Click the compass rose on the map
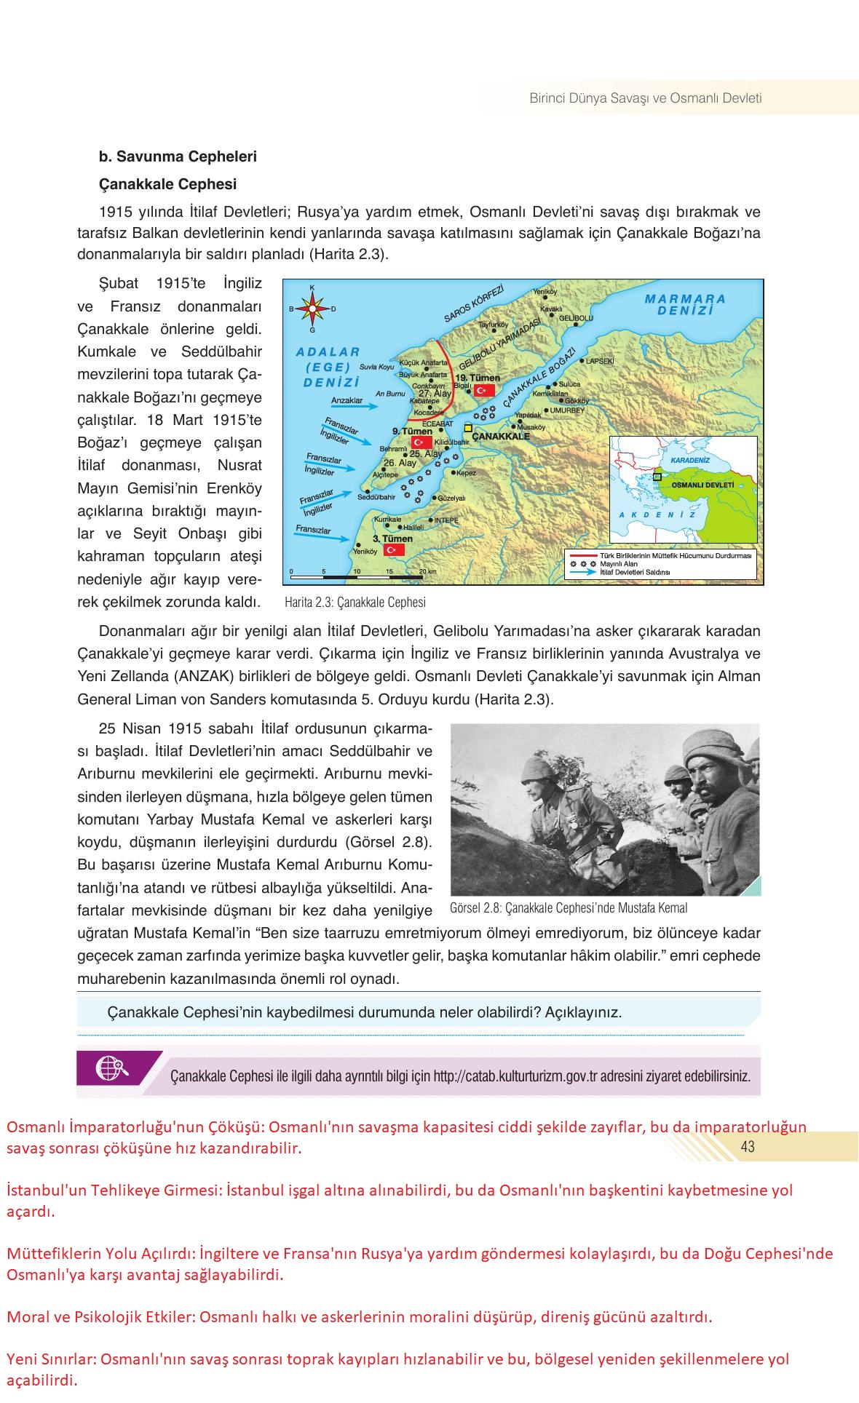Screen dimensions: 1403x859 pyautogui.click(x=312, y=309)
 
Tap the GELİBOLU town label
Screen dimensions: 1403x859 pyautogui.click(x=576, y=318)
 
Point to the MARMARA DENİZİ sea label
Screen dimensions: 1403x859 pyautogui.click(x=685, y=304)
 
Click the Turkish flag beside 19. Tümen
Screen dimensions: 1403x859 pyautogui.click(x=484, y=391)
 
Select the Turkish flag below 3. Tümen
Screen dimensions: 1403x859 pyautogui.click(x=394, y=549)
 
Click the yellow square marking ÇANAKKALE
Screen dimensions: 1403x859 pyautogui.click(x=468, y=428)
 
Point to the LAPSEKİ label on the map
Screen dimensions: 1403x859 pyautogui.click(x=601, y=361)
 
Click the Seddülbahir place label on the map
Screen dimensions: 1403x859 pyautogui.click(x=376, y=498)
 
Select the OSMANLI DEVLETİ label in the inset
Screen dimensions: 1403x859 pyautogui.click(x=702, y=485)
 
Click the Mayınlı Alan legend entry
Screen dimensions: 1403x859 pyautogui.click(x=619, y=564)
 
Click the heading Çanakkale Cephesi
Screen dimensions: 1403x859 pyautogui.click(x=167, y=184)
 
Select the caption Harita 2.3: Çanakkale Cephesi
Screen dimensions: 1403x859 pyautogui.click(x=355, y=603)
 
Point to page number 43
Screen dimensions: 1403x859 pyautogui.click(x=747, y=1147)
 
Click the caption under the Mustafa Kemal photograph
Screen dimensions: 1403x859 pyautogui.click(x=569, y=908)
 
